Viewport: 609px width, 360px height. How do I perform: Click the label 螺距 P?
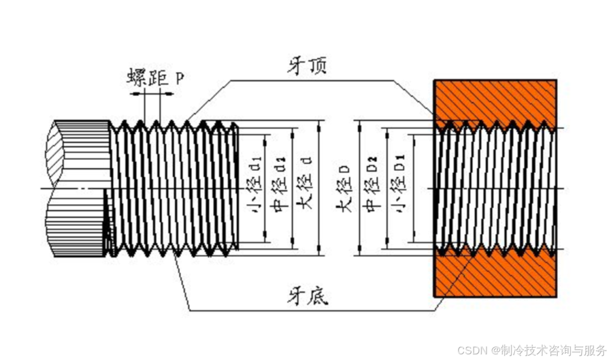tap(155, 77)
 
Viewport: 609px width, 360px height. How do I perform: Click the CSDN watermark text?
tap(473, 350)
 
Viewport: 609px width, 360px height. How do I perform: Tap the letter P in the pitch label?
tap(179, 78)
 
